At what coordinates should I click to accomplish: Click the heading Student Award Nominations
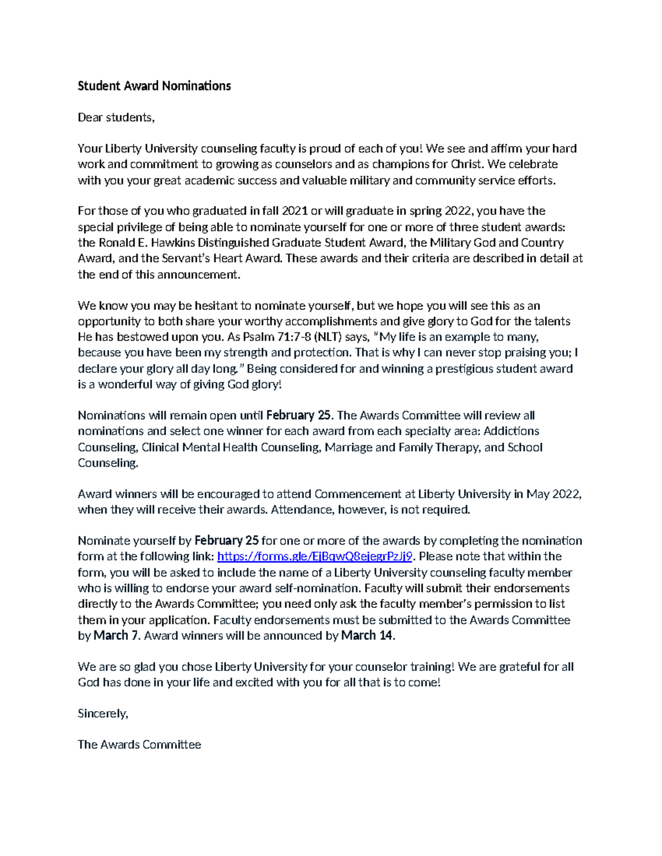[154, 86]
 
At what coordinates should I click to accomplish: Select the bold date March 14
[367, 636]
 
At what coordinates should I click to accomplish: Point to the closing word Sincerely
[103, 714]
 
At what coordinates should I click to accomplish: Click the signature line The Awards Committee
[139, 745]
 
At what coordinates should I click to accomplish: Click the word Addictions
[511, 431]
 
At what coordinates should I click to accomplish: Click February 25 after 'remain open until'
[300, 416]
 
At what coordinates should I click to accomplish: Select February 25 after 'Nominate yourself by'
[227, 541]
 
